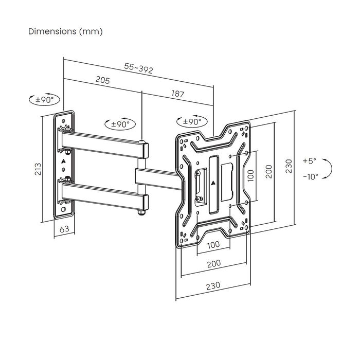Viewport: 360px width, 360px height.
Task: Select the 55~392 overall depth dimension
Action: (x=138, y=68)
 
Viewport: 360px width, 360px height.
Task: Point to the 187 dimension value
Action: (x=177, y=94)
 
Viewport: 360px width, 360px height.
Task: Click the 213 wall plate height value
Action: (x=37, y=169)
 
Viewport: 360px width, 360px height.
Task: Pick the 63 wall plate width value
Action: (x=65, y=230)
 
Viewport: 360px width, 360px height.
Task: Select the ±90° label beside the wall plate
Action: (x=45, y=99)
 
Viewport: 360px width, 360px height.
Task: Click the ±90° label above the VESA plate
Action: (x=192, y=122)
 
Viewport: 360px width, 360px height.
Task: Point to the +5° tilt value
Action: (x=310, y=160)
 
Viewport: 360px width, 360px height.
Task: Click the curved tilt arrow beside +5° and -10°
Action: (x=330, y=169)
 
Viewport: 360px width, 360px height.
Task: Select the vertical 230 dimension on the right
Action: (x=289, y=166)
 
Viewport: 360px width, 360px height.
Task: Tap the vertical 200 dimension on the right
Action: (x=267, y=171)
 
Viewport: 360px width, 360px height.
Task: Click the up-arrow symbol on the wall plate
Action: (x=64, y=160)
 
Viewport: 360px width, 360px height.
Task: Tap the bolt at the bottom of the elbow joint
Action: (x=140, y=212)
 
